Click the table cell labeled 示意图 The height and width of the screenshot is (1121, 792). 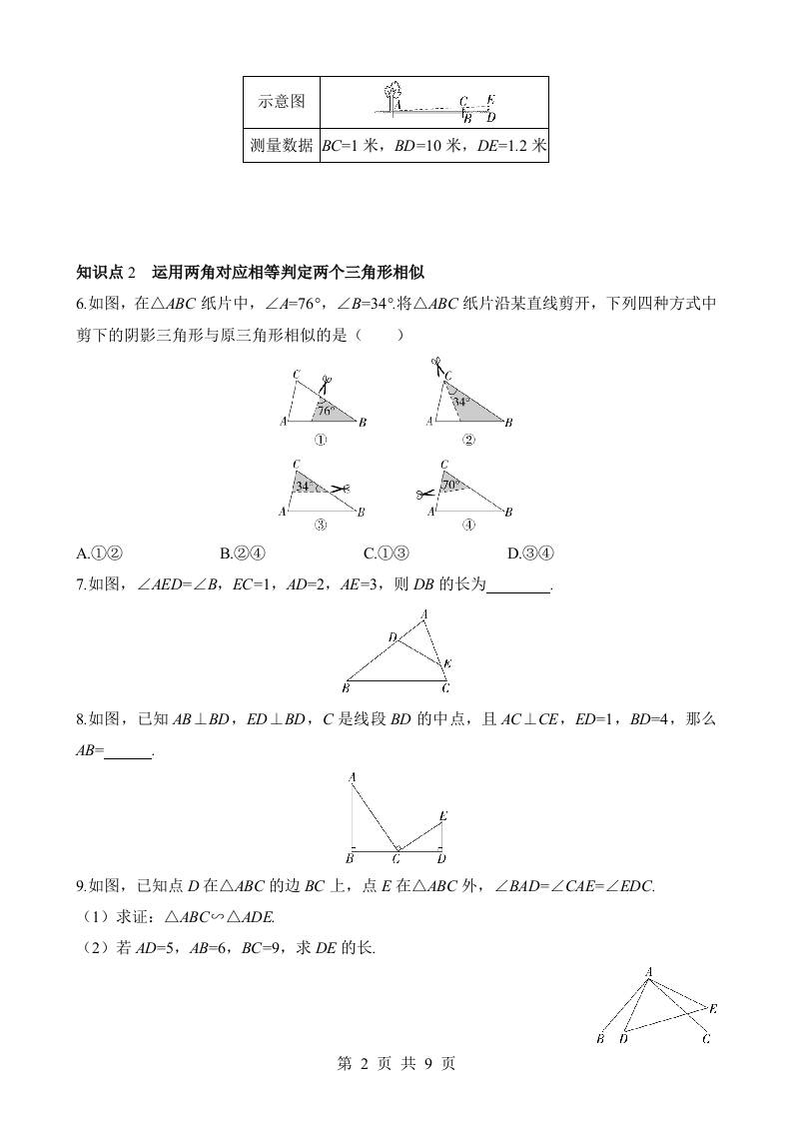281,101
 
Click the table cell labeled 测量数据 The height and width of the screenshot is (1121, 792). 281,146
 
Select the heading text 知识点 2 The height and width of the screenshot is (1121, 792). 111,272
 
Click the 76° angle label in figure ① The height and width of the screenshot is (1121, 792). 325,410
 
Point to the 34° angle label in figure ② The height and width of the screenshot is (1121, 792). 459,403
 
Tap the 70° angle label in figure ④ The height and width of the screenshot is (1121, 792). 450,486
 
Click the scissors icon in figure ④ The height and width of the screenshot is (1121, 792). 423,494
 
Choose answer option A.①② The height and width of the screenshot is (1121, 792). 98,554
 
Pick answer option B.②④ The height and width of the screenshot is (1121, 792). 241,554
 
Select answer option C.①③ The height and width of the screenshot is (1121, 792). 385,554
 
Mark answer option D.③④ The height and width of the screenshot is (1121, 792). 529,554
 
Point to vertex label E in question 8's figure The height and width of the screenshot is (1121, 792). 443,815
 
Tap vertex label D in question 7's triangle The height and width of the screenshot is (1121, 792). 393,636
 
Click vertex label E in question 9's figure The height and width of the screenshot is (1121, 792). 713,1009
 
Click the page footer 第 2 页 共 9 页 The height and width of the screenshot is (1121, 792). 396,1064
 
